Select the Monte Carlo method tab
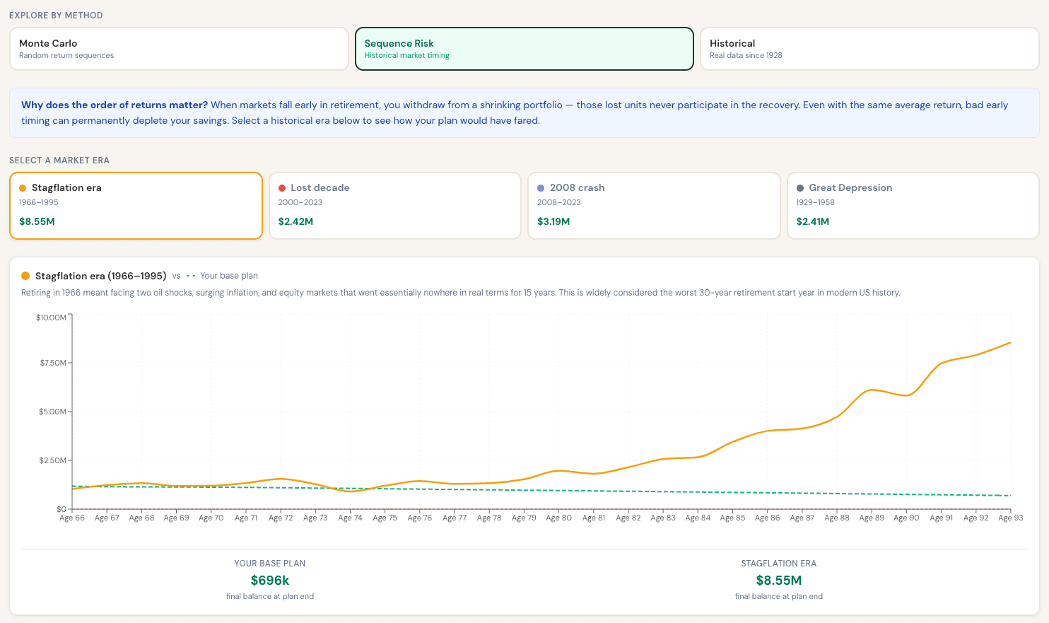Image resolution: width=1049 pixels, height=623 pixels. tap(179, 49)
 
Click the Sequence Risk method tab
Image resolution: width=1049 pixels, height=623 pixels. tap(524, 49)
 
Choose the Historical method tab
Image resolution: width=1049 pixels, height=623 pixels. tap(869, 49)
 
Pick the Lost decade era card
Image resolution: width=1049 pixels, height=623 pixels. tap(394, 206)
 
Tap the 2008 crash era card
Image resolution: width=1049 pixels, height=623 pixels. tap(654, 206)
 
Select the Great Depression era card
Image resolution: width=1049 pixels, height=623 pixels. tap(913, 206)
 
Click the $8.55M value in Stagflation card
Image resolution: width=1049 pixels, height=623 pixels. tap(37, 221)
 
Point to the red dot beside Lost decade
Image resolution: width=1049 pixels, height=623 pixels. tap(282, 188)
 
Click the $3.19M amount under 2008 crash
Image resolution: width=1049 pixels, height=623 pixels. tap(553, 221)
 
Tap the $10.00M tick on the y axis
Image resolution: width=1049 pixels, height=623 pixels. tap(51, 318)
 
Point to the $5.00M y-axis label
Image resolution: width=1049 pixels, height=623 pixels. tap(53, 412)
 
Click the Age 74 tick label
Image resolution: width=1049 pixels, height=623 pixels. tap(350, 518)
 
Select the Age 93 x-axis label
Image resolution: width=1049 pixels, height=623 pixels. tap(1010, 518)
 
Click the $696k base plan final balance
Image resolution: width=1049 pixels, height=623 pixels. tap(270, 581)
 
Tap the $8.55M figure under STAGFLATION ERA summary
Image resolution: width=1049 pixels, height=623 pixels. tap(779, 581)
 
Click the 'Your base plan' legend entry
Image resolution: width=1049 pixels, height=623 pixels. tap(222, 276)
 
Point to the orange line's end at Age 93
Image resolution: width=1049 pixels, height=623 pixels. tap(1010, 342)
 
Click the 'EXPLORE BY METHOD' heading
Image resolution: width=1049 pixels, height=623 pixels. tap(57, 16)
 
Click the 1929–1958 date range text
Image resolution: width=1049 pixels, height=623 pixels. tap(815, 202)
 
